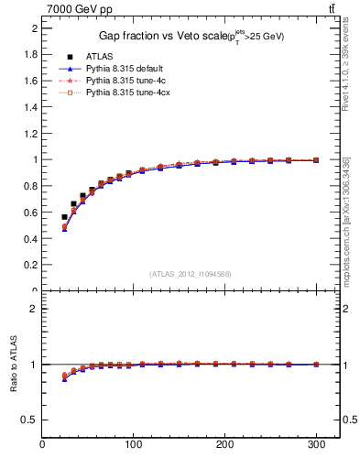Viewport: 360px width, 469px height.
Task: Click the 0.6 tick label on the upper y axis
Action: click(x=30, y=213)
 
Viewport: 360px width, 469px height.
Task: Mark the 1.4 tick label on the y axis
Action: click(x=30, y=107)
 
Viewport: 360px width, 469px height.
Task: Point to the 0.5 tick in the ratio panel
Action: click(x=30, y=420)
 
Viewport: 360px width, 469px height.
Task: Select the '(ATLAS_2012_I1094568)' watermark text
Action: click(x=190, y=274)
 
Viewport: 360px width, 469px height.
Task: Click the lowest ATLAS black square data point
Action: click(x=64, y=217)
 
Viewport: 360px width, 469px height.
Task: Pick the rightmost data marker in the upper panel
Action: click(x=316, y=160)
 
